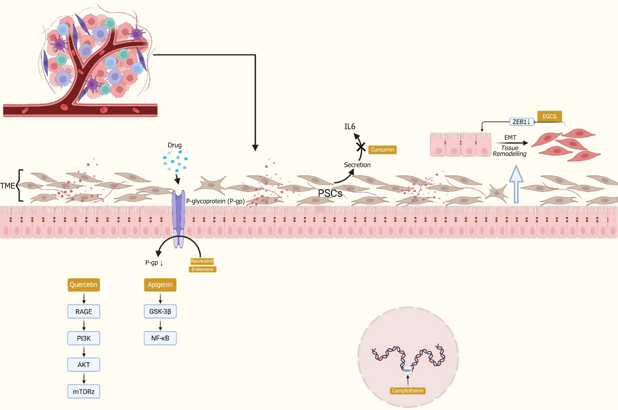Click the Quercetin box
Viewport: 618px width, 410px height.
[x=84, y=285]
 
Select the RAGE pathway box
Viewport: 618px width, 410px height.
[x=84, y=311]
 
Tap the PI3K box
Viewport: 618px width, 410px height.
[x=84, y=338]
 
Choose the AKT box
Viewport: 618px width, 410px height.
[x=84, y=365]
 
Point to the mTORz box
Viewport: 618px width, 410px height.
[x=84, y=392]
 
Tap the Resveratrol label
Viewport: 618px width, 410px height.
[x=202, y=261]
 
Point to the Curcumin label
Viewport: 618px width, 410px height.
[x=382, y=150]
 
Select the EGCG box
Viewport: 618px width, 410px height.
[x=549, y=116]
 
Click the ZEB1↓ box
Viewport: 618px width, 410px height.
[x=521, y=122]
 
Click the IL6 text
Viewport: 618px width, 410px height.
[x=350, y=127]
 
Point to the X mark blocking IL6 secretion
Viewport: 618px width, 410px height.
[x=361, y=147]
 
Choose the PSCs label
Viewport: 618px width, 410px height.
[x=330, y=194]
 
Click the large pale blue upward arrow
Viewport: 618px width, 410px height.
[x=516, y=184]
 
